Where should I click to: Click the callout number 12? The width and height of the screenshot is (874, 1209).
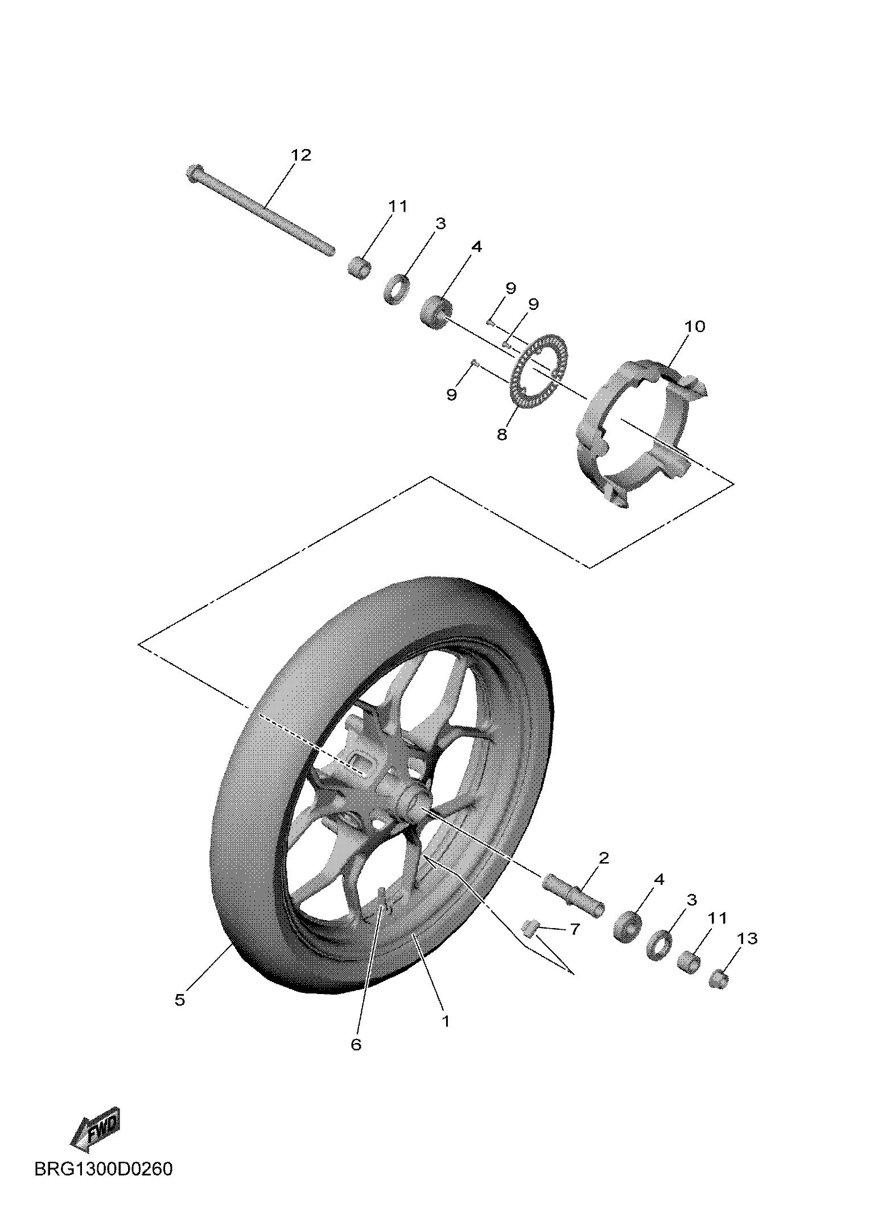[301, 155]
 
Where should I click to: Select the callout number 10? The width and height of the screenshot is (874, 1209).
[694, 326]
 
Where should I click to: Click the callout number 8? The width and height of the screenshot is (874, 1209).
[501, 435]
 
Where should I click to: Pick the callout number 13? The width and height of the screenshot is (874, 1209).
[748, 939]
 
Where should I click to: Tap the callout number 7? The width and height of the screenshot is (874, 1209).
[574, 929]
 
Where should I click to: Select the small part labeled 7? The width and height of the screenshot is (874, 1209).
[530, 929]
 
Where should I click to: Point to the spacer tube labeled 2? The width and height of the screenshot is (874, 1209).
[574, 898]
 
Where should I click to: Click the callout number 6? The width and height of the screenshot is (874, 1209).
[356, 1045]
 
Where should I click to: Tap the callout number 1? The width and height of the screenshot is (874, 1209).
[446, 1021]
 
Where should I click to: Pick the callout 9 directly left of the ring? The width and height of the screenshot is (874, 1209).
[451, 395]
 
